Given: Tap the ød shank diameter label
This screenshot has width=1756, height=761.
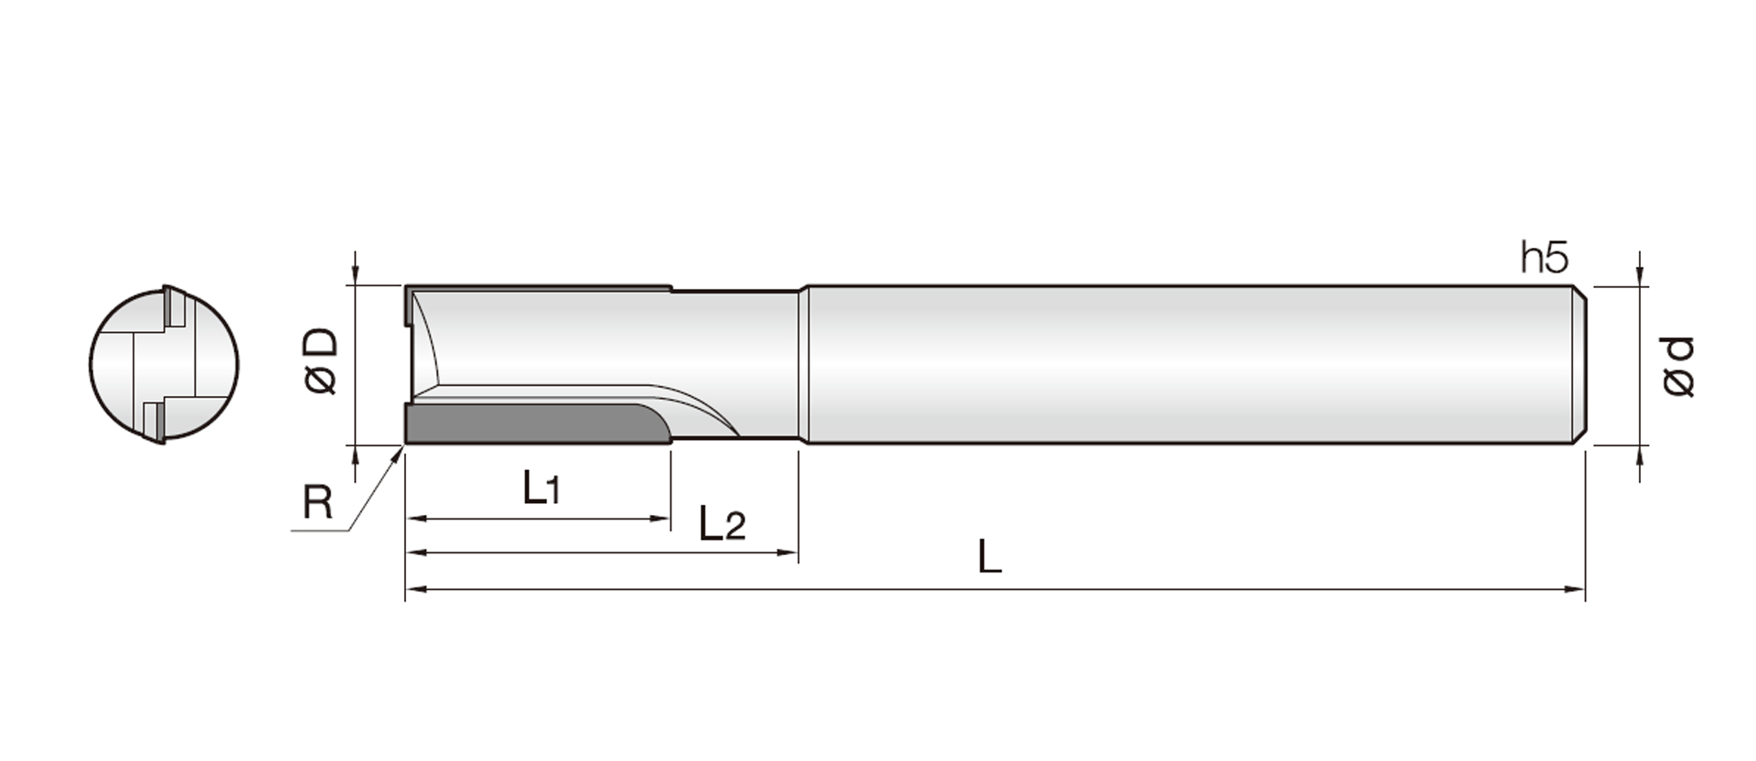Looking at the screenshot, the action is [1679, 367].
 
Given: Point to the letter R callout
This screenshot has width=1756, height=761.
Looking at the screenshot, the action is [317, 502].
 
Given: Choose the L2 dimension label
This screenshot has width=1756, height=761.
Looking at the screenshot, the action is [722, 523].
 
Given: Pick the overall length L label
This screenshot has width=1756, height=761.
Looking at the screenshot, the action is [989, 556].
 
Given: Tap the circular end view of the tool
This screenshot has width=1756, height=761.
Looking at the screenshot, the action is [164, 365].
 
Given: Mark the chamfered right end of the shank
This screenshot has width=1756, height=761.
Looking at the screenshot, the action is [1579, 365].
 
